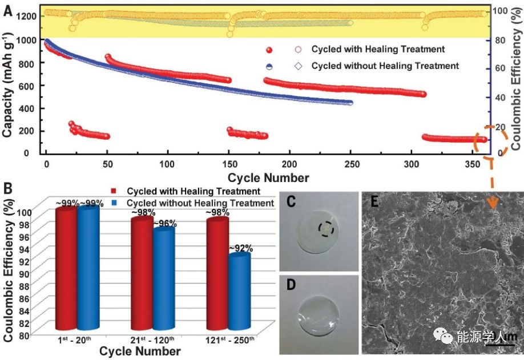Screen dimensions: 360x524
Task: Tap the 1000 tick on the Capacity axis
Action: pos(26,40)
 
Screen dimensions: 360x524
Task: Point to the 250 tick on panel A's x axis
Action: pos(350,164)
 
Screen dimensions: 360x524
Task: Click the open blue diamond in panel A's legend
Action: pos(299,66)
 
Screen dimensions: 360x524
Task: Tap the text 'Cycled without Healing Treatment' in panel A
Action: pos(385,66)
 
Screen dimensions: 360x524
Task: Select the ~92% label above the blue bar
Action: pos(240,249)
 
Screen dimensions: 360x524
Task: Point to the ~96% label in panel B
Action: pos(165,224)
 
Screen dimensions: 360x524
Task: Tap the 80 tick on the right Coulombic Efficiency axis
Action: pos(501,40)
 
